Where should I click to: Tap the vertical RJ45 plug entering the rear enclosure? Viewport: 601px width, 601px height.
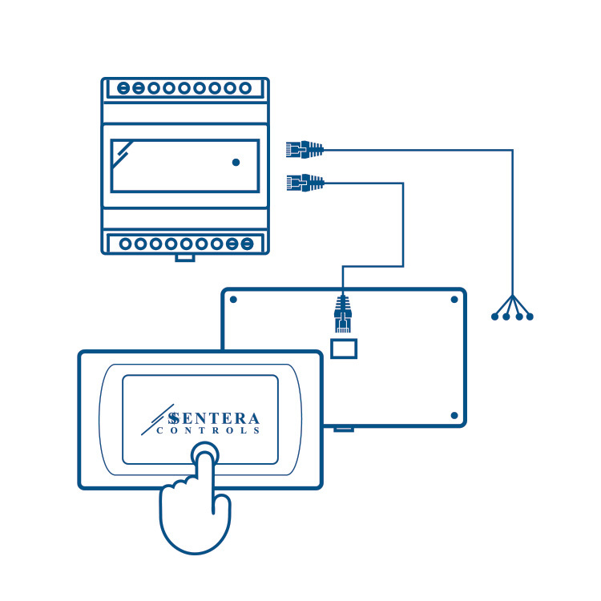coord(343,313)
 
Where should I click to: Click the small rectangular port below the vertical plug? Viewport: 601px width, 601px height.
coord(344,348)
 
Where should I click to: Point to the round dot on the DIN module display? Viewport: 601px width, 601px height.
coord(236,162)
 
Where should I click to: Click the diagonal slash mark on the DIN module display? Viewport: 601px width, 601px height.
coord(122,152)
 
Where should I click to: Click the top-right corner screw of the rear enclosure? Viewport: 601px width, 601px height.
coord(454,300)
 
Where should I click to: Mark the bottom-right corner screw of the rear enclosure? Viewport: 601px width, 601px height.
coord(454,416)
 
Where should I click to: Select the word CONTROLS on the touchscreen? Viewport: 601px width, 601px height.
coord(208,431)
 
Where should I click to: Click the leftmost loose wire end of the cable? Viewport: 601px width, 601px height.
coord(494,317)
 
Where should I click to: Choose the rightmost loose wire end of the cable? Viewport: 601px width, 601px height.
coord(530,317)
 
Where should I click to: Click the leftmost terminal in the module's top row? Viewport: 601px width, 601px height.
coord(123,88)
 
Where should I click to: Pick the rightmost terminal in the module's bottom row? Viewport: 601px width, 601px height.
coord(248,243)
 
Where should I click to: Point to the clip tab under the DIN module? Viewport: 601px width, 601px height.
coord(185,257)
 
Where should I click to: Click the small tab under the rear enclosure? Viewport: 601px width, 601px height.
coord(344,429)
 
